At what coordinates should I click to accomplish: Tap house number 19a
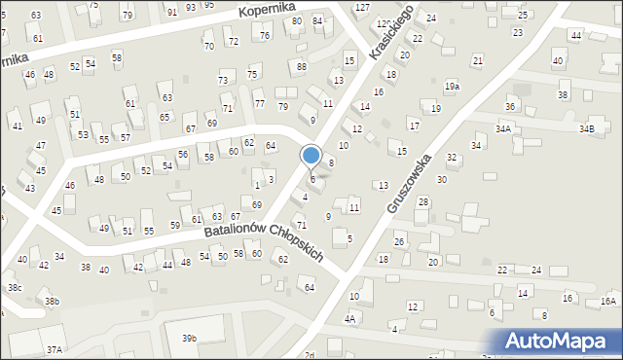pos(452,87)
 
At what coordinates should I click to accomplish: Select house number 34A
pos(502,128)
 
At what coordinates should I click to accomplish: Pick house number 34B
pos(586,128)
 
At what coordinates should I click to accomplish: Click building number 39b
pos(189,338)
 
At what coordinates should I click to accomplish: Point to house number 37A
pos(54,348)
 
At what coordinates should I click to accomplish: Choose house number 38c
pos(15,288)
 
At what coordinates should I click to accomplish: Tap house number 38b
pos(52,302)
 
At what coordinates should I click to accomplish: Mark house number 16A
pos(608,302)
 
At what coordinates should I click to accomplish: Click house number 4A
pos(349,318)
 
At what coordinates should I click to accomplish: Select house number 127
pos(362,7)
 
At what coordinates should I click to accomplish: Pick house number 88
pos(302,66)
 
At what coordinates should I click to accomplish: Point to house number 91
pos(172,12)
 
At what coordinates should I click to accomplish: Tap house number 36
pos(509,106)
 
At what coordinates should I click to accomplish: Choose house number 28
pos(422,201)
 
